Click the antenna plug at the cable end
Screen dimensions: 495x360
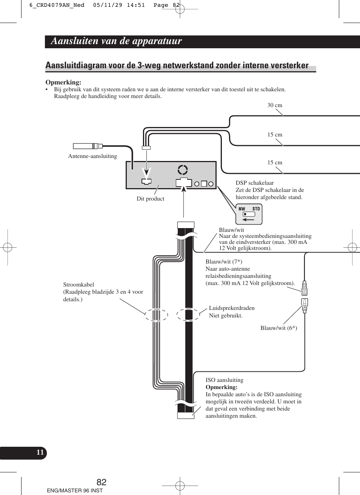click(x=87, y=146)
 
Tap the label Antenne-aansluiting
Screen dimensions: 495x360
click(x=92, y=156)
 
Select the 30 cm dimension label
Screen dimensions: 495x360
click(x=275, y=105)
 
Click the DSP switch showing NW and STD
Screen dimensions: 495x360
click(x=249, y=214)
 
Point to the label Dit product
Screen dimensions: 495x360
click(x=150, y=199)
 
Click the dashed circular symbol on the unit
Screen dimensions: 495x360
click(x=183, y=170)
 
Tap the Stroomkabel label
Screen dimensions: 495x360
click(x=78, y=285)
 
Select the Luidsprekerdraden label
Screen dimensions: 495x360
click(x=232, y=308)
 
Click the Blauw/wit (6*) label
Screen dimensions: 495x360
click(x=278, y=328)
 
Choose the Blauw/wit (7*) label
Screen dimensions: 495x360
click(x=224, y=262)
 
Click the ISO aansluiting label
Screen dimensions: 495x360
click(x=225, y=380)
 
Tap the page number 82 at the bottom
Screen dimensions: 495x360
click(x=102, y=482)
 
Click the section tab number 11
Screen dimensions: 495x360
click(x=40, y=452)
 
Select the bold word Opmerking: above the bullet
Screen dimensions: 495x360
click(x=63, y=82)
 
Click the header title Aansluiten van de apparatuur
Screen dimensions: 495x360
click(x=116, y=41)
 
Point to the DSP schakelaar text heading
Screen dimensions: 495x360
click(x=255, y=183)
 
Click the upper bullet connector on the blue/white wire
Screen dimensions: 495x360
click(x=305, y=288)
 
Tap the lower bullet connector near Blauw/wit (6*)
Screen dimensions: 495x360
click(x=305, y=305)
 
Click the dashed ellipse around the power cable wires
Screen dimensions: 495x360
click(x=156, y=315)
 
